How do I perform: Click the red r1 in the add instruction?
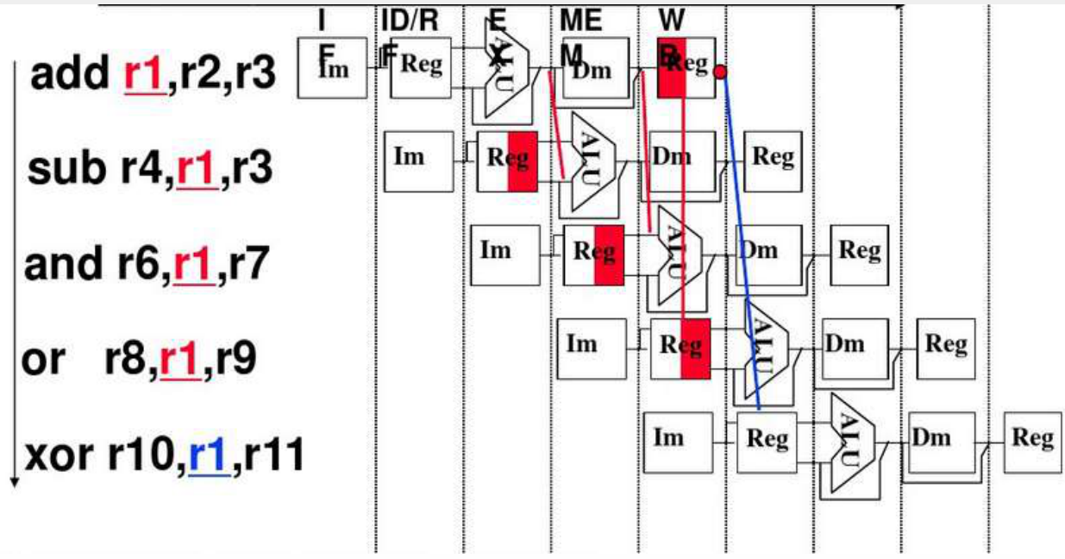[x=143, y=76]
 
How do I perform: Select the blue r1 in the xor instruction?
[x=208, y=454]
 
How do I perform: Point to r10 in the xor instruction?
[x=143, y=454]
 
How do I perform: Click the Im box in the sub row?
[x=417, y=161]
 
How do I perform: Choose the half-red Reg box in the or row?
[x=680, y=348]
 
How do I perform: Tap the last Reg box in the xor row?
[x=1032, y=441]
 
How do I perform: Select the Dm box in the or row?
[x=853, y=347]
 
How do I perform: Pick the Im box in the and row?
[x=505, y=254]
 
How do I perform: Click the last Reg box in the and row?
[x=859, y=254]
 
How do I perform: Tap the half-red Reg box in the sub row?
[x=508, y=161]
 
